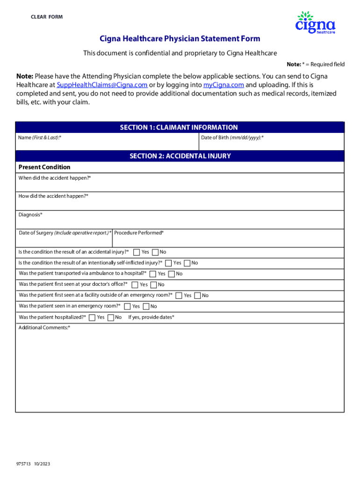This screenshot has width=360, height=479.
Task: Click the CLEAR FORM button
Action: tap(47, 17)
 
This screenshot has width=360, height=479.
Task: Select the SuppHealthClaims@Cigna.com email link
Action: tap(102, 85)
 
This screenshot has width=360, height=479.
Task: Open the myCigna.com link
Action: tap(223, 85)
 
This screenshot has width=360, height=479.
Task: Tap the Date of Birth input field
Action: tap(271, 143)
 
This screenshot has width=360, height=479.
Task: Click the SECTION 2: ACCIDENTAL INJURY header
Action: tap(180, 156)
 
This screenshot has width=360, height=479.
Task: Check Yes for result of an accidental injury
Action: tap(137, 253)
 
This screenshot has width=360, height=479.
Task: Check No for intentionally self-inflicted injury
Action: tap(187, 263)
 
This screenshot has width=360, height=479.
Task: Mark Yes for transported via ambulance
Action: tap(153, 274)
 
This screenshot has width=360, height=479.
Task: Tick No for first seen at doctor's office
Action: tap(153, 284)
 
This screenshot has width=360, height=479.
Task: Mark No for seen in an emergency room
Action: tap(146, 306)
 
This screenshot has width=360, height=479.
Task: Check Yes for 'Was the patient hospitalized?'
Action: tap(92, 318)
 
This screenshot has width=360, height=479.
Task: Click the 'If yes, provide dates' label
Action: tap(151, 318)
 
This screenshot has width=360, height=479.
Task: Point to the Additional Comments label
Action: tap(44, 327)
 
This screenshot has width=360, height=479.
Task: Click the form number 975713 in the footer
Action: tap(22, 464)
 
